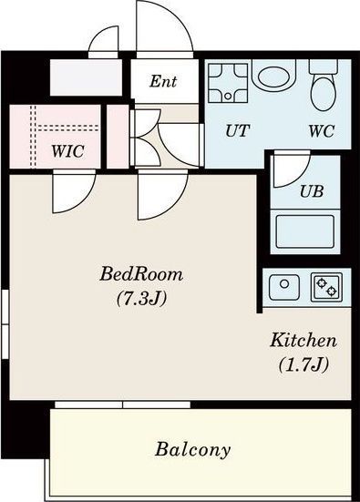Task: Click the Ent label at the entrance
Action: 163,81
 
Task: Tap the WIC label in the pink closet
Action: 68,151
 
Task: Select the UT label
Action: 237,130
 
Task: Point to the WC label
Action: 321,130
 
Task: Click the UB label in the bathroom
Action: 312,191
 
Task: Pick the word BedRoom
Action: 141,274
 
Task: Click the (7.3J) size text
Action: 141,299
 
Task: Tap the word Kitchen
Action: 303,341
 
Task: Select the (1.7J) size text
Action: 303,364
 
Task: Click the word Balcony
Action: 193,450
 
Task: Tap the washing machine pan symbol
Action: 228,83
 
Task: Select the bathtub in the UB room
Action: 305,231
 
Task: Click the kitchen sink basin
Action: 284,287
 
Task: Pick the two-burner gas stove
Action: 326,287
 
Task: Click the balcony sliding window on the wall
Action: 123,405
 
